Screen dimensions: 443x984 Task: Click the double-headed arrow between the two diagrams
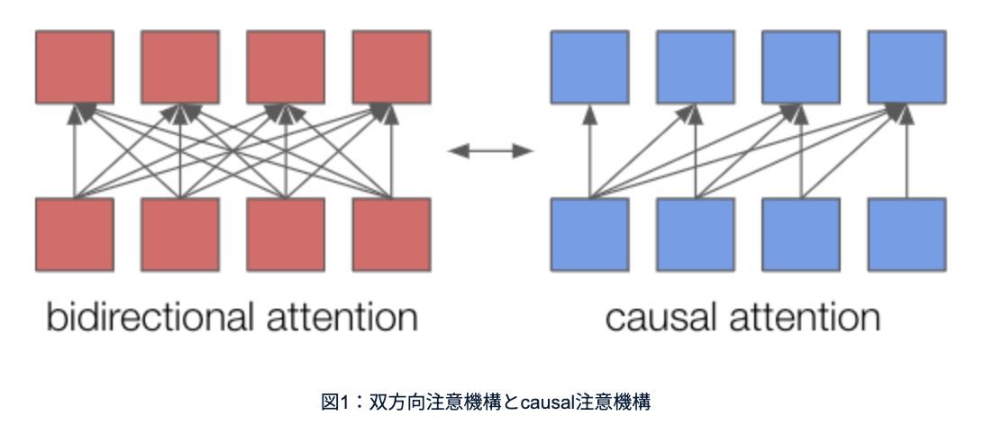[491, 151]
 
